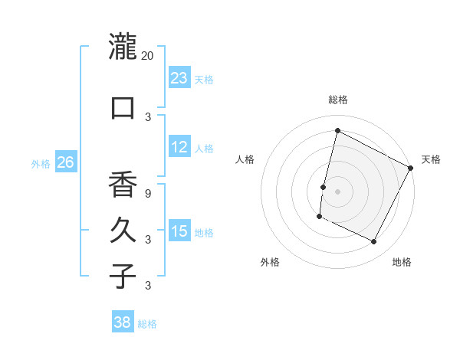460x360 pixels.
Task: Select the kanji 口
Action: [x=123, y=107]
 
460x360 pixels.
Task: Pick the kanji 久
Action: [x=123, y=231]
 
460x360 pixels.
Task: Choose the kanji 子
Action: [x=123, y=276]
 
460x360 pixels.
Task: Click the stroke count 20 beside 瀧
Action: [x=148, y=56]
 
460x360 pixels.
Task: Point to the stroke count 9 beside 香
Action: [x=148, y=193]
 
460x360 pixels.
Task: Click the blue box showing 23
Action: [x=179, y=78]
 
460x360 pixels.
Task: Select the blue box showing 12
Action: [x=179, y=147]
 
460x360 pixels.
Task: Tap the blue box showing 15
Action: [x=179, y=231]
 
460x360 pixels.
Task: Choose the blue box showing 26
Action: [x=66, y=162]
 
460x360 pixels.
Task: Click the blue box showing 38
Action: [x=123, y=322]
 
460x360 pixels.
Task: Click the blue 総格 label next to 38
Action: [x=147, y=324]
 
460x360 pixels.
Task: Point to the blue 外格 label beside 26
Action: [x=41, y=164]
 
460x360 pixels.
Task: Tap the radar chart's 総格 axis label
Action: [x=337, y=100]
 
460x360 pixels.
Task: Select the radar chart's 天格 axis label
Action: [x=431, y=159]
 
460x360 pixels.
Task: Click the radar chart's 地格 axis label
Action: [x=402, y=262]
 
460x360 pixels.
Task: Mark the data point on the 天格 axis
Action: [x=411, y=167]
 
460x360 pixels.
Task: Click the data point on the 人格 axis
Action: [x=324, y=187]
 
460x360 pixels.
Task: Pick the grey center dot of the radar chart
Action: [x=337, y=191]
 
